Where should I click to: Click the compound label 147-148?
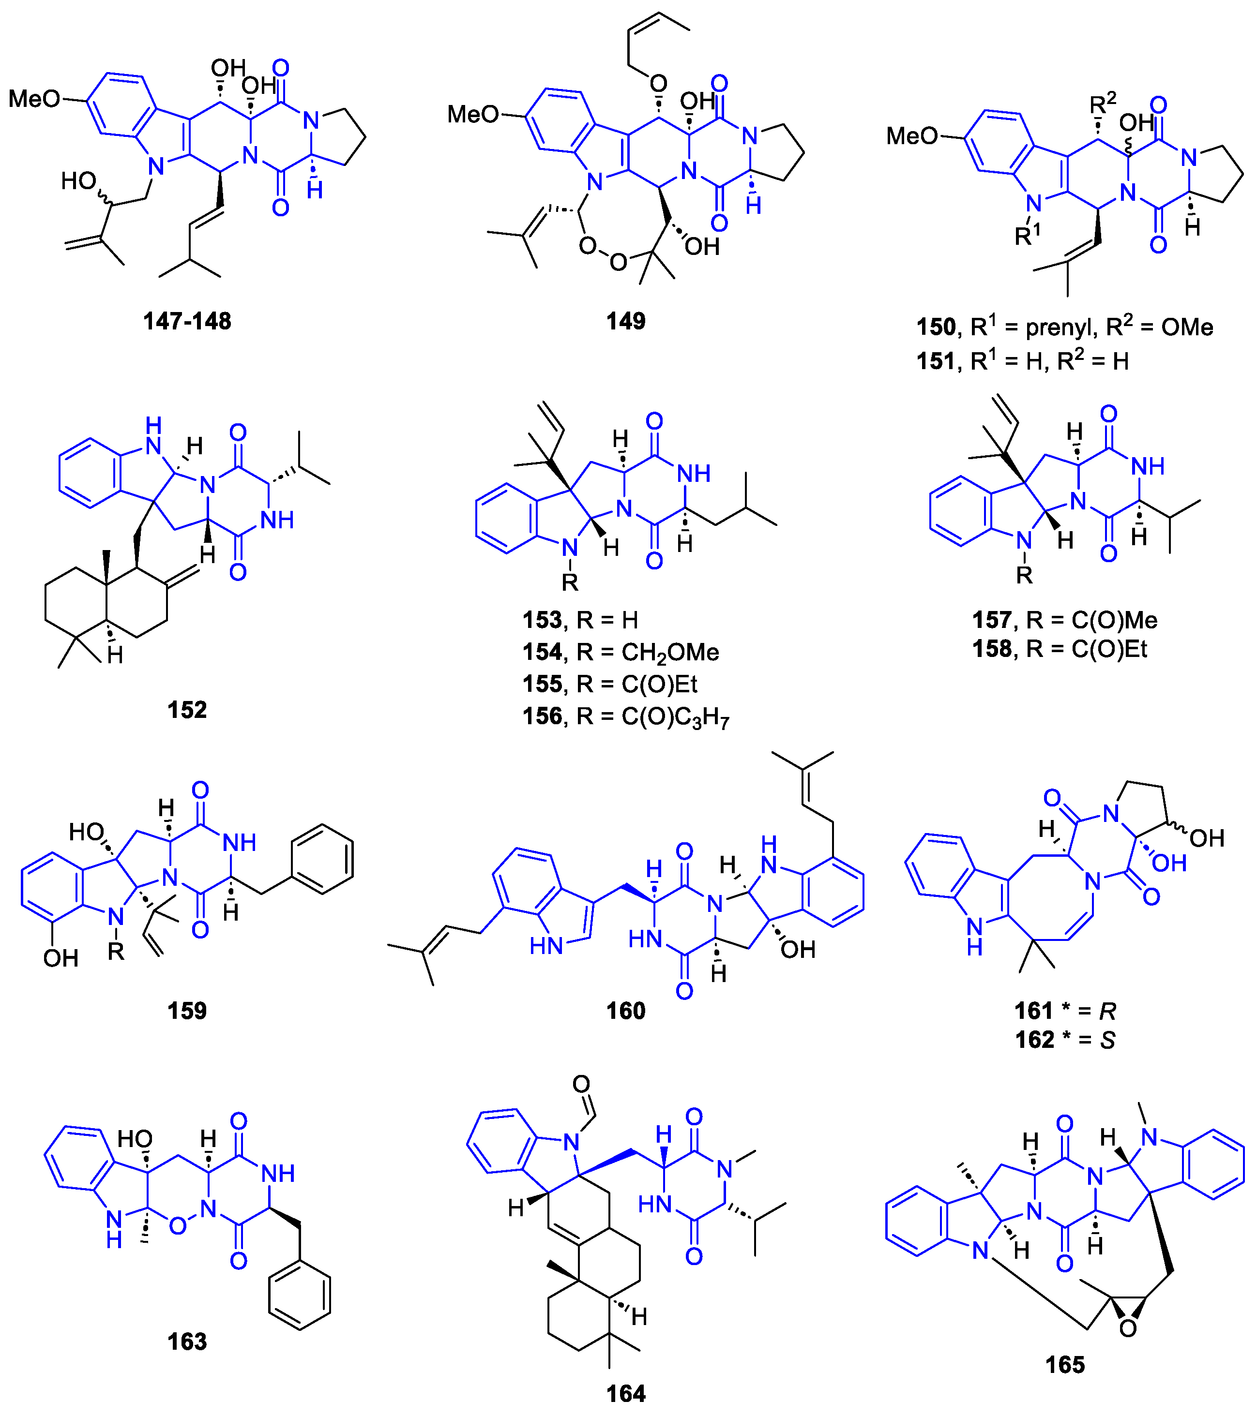click(x=187, y=321)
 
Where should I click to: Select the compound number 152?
click(x=187, y=710)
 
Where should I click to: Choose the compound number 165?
click(x=1064, y=1365)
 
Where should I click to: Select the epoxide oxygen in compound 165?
click(x=1127, y=1328)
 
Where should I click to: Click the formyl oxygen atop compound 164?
click(x=581, y=1084)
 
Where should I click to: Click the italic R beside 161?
click(x=1107, y=1012)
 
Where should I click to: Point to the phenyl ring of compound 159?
click(x=322, y=859)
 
